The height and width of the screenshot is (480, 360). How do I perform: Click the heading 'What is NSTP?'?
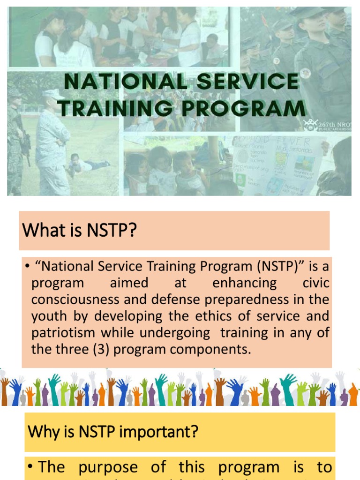click(x=79, y=231)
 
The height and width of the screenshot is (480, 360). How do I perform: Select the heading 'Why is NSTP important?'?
click(x=113, y=432)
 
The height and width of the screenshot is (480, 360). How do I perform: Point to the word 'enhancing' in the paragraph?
click(x=244, y=283)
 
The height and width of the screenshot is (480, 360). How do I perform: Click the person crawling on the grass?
click(x=86, y=164)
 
